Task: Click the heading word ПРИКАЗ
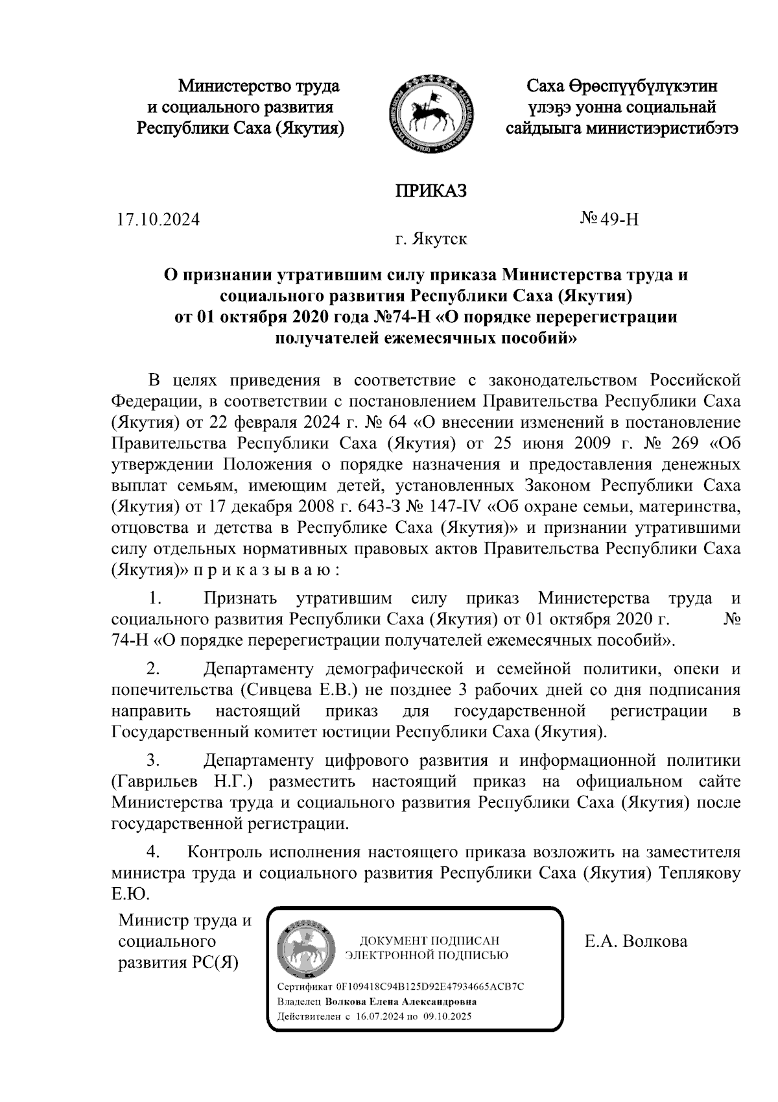click(x=431, y=191)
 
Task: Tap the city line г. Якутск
click(x=431, y=239)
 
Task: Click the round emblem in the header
click(x=430, y=114)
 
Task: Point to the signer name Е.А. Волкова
click(x=635, y=940)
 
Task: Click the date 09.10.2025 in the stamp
click(x=447, y=1016)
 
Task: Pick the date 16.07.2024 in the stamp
click(x=379, y=1016)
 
